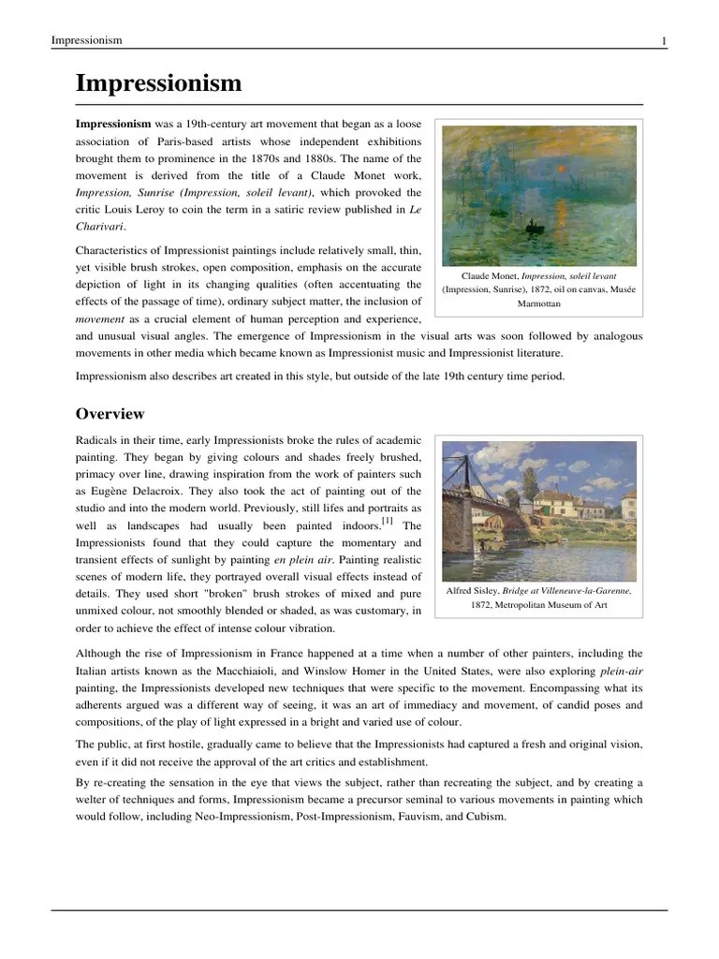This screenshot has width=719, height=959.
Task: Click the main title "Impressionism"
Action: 158,83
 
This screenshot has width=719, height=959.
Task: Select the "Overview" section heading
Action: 110,413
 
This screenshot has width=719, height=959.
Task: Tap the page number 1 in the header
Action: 664,40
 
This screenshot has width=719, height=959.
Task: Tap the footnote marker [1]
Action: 387,521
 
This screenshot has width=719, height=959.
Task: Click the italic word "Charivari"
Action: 99,226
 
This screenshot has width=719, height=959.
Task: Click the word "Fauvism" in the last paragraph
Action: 412,816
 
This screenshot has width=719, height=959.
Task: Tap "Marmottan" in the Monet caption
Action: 538,304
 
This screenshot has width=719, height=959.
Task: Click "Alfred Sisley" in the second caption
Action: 474,591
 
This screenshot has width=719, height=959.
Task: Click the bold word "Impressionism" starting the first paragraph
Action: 112,124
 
